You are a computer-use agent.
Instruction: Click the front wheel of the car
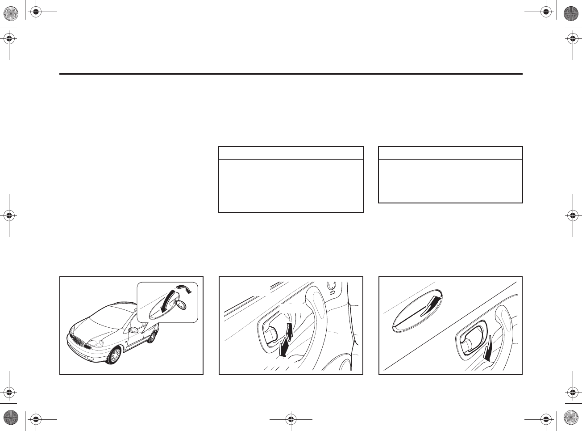click(x=115, y=355)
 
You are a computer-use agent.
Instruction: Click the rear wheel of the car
click(x=152, y=337)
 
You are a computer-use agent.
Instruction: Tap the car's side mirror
click(x=133, y=330)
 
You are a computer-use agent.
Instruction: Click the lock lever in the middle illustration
click(x=270, y=335)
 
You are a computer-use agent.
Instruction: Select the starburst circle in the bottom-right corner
click(x=571, y=418)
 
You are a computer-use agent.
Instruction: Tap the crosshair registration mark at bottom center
click(x=291, y=419)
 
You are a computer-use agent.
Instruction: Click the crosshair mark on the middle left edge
click(x=9, y=215)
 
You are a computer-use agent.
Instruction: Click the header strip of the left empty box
click(x=291, y=153)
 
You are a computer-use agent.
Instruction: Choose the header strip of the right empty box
click(x=450, y=153)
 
